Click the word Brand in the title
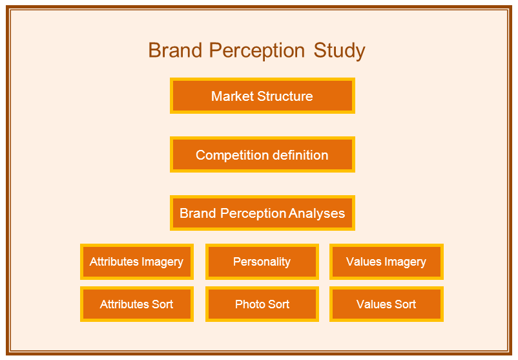[x=175, y=50]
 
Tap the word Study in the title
[x=339, y=52]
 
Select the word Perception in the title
[x=256, y=52]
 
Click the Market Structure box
[x=262, y=96]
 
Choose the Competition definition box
[x=262, y=154]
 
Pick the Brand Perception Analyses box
[x=262, y=213]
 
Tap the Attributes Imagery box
[x=137, y=262]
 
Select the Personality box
[x=262, y=262]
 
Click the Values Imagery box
[x=386, y=262]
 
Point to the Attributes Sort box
[x=137, y=304]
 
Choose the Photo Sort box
[x=262, y=304]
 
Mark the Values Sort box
[x=386, y=304]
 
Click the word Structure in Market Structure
[x=285, y=96]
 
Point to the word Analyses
[x=317, y=214]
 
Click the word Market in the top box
[x=233, y=96]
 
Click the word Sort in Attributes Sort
[x=162, y=304]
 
